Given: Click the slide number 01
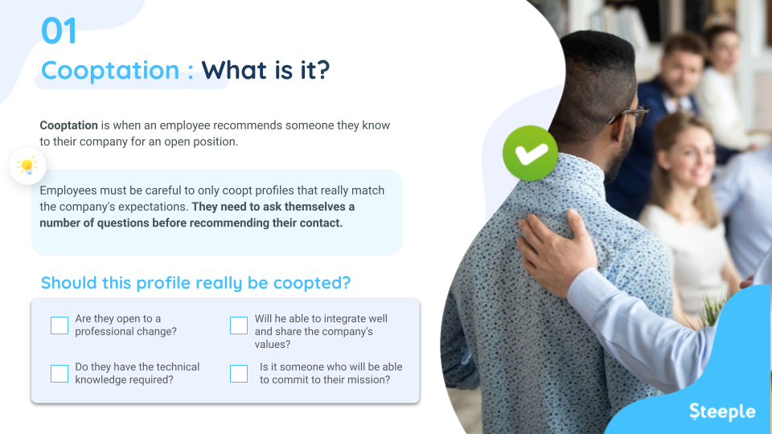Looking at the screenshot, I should point(60,31).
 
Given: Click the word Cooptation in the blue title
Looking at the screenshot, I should point(109,71).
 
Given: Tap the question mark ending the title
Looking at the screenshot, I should point(322,71).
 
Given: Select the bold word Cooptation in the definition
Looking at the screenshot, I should point(68,126).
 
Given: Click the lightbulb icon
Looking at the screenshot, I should point(27,166).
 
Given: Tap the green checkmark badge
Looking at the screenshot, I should point(530,152).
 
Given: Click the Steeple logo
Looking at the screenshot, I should point(722,411).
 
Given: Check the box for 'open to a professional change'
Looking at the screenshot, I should point(60,325).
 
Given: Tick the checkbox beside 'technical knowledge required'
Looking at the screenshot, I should point(60,374).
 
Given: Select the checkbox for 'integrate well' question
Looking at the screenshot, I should point(239,325).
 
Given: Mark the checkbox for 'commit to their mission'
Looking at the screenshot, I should point(239,374).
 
